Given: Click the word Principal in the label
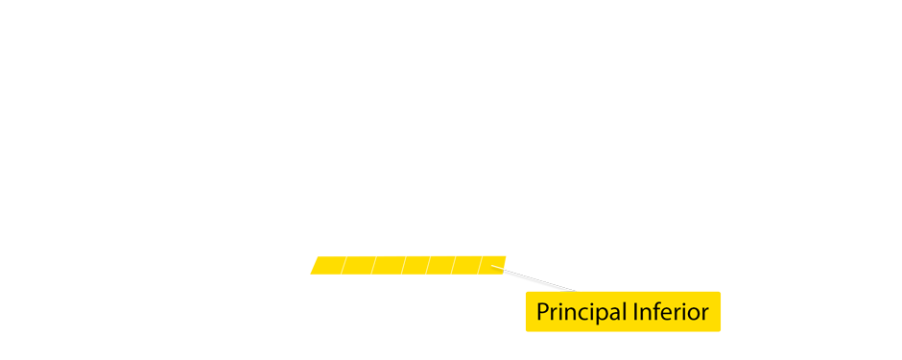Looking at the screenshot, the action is click(582, 312).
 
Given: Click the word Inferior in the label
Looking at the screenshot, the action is click(670, 312).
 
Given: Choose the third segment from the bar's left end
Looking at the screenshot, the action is click(388, 265).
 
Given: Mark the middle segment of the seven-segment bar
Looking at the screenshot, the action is click(415, 265).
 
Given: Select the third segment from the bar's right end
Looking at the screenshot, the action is click(441, 265).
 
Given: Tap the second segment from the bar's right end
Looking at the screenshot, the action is click(466, 265).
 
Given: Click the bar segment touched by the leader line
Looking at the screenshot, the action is click(493, 265).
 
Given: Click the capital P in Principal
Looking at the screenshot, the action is click(542, 312).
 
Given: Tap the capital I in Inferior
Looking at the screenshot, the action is click(635, 312).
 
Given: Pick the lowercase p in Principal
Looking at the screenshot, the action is click(603, 316).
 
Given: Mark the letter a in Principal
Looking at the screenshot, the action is click(615, 314).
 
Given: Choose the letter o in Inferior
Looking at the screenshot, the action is click(695, 314).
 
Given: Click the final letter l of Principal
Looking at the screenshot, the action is click(624, 311).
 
